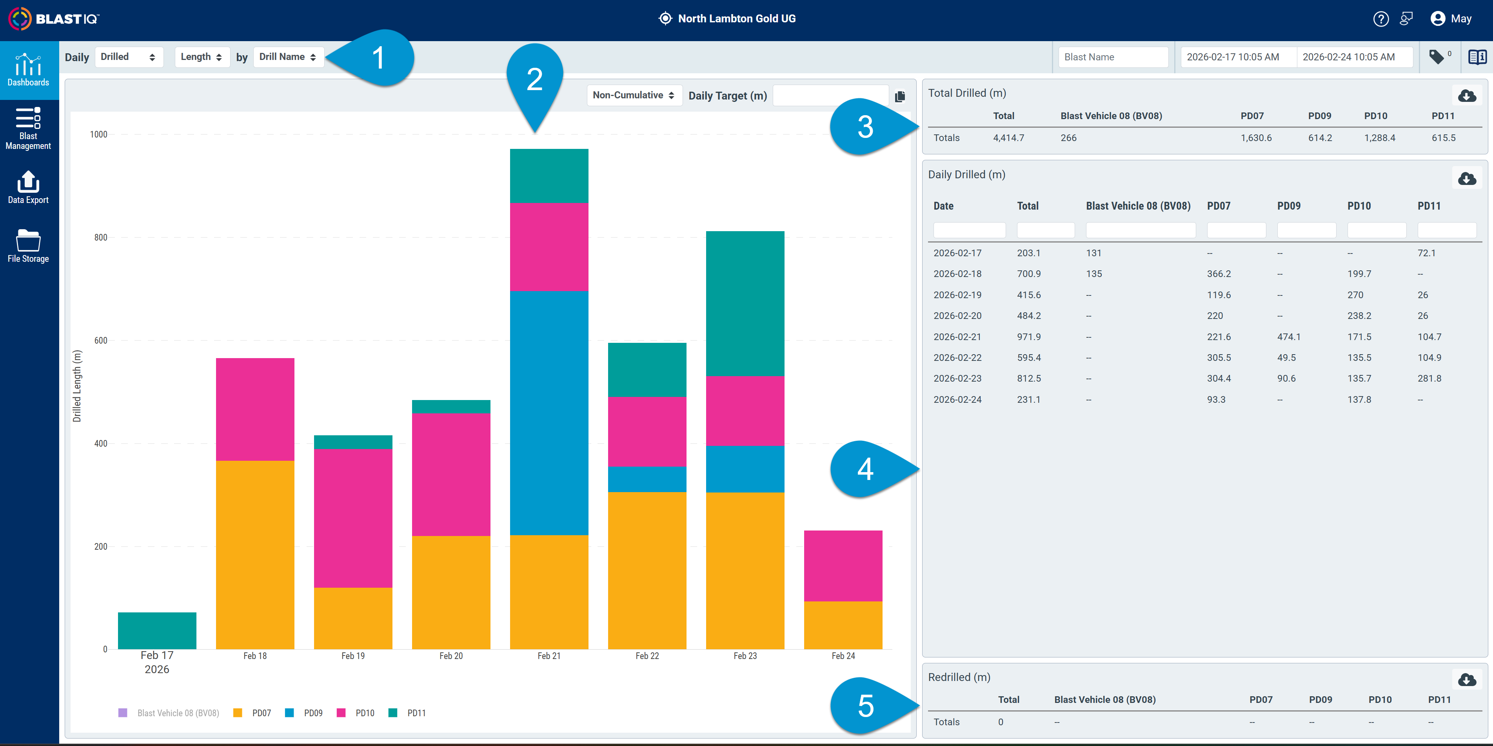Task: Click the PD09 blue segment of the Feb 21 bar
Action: (549, 413)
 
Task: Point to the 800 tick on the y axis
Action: (101, 237)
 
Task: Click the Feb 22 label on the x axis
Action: (647, 655)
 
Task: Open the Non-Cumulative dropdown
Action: (634, 95)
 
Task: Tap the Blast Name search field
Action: (1113, 57)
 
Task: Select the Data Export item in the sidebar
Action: (28, 187)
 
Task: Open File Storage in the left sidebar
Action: (28, 246)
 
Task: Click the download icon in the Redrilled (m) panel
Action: (1467, 679)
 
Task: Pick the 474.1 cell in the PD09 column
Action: (1288, 337)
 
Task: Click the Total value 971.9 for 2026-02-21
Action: (1029, 337)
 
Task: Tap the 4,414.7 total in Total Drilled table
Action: (1008, 138)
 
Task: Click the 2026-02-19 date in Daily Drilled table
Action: (957, 295)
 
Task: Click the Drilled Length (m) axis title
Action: (77, 386)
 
